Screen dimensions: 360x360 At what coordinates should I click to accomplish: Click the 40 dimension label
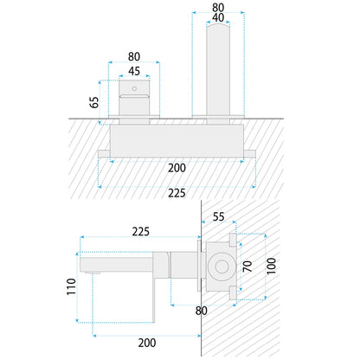pyautogui.click(x=218, y=17)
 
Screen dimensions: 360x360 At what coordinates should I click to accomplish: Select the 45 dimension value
pyautogui.click(x=134, y=71)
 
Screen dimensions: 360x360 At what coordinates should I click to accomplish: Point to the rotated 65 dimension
pyautogui.click(x=94, y=102)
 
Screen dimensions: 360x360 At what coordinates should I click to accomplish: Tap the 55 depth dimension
pyautogui.click(x=218, y=216)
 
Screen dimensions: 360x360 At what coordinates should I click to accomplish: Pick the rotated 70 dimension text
pyautogui.click(x=247, y=266)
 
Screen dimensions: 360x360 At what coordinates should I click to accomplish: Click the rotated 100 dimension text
pyautogui.click(x=271, y=266)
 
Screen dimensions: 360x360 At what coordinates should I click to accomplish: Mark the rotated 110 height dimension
pyautogui.click(x=71, y=286)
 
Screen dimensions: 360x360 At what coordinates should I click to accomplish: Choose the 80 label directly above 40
pyautogui.click(x=218, y=7)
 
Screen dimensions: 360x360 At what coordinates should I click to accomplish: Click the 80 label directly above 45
pyautogui.click(x=134, y=56)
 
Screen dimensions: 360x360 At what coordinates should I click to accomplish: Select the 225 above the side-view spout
pyautogui.click(x=141, y=232)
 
